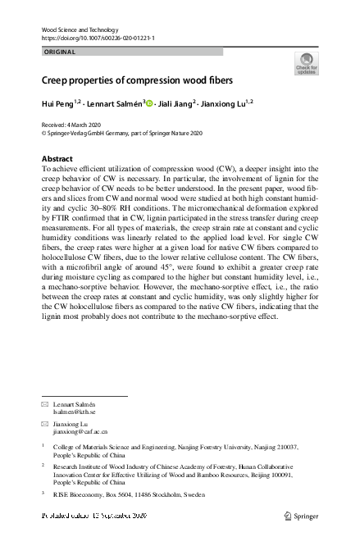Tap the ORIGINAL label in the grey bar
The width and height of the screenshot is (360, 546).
pos(58,52)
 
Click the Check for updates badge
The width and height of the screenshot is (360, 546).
pos(306,63)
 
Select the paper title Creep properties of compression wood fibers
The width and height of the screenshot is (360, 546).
pos(137,80)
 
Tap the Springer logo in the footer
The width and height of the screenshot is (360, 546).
pos(300,516)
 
